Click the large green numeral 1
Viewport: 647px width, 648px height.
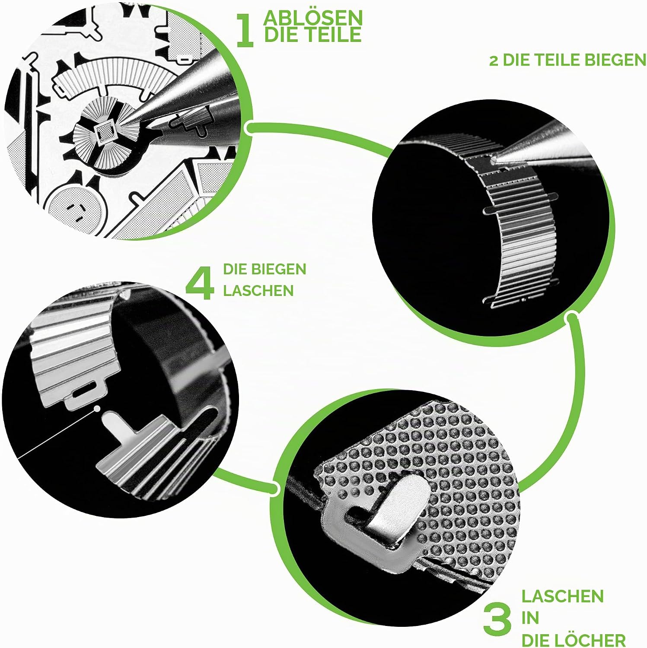(245, 30)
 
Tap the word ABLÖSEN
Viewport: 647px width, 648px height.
(313, 18)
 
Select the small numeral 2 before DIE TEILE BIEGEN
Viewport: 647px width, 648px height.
(494, 61)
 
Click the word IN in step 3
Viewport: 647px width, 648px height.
(530, 618)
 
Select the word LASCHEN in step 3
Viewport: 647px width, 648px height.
(562, 596)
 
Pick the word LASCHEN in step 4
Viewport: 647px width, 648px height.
(258, 290)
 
